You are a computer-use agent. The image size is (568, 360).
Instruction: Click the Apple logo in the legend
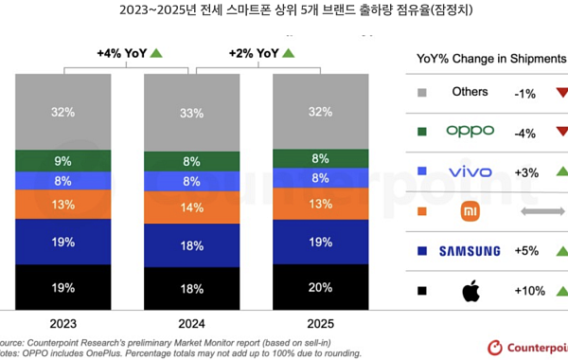click(x=470, y=290)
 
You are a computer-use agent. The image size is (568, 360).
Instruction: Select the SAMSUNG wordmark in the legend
click(x=470, y=250)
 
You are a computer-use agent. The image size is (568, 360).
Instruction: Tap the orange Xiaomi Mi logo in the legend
click(x=470, y=210)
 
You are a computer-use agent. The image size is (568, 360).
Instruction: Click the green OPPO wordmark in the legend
click(x=470, y=131)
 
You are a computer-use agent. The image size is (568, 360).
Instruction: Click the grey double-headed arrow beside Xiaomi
click(x=541, y=210)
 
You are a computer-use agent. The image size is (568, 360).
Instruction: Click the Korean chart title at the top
click(x=284, y=13)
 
